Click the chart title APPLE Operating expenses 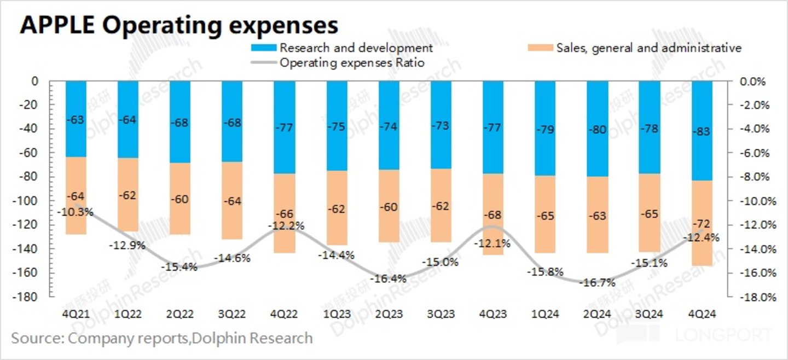coord(179,26)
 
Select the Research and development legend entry coord(356,48)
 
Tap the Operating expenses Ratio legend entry coord(352,62)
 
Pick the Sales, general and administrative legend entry coord(648,48)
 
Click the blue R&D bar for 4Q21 coord(76,119)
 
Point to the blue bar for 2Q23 coord(389,125)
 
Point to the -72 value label coord(702,224)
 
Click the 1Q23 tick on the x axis coord(337,315)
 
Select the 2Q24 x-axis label coord(598,315)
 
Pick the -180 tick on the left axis coord(31,297)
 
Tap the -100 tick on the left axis coord(31,201)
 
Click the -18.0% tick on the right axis coord(756,297)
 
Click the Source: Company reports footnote coord(162,338)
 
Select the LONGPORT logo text coord(724,335)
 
